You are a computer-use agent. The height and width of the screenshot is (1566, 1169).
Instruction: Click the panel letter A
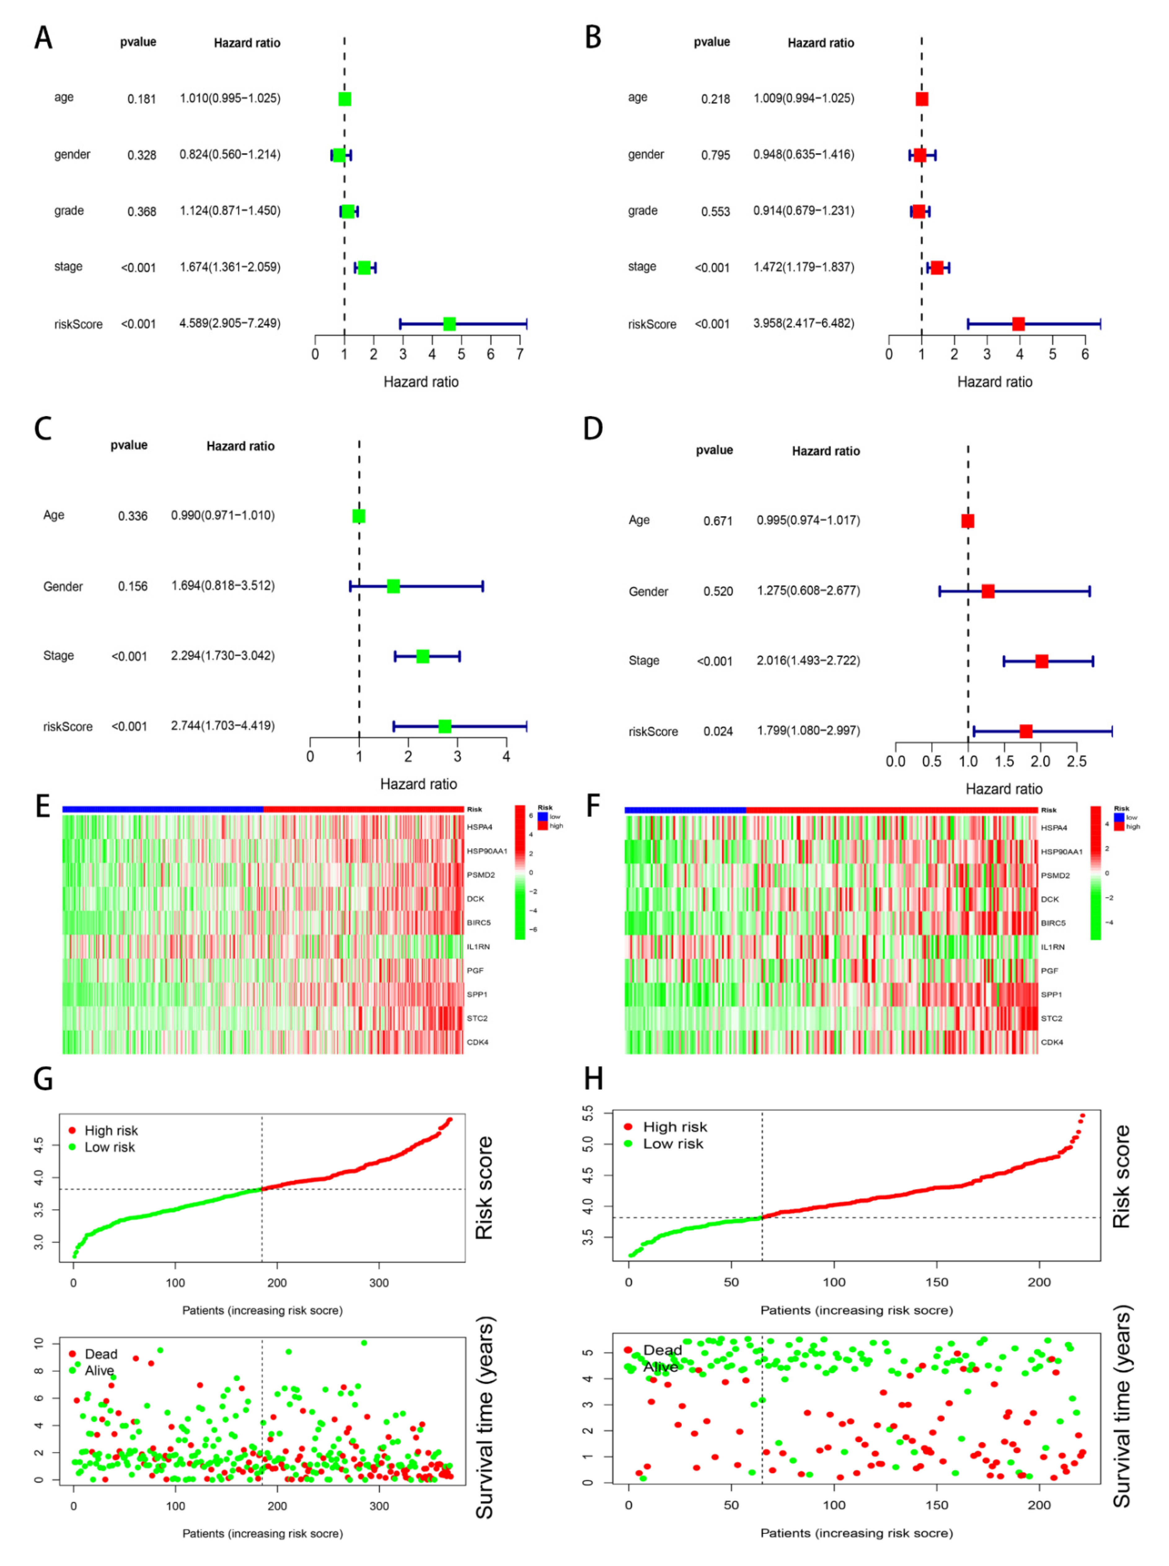(43, 38)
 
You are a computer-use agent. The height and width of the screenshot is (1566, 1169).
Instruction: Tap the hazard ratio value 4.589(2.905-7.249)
(230, 324)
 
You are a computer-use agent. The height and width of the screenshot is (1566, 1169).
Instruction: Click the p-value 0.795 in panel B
(715, 155)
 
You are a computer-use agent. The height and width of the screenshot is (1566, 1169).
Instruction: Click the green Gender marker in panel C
(394, 586)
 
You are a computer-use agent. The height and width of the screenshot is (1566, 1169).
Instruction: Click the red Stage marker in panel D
(1042, 661)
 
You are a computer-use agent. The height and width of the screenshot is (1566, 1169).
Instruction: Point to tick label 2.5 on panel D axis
(1076, 762)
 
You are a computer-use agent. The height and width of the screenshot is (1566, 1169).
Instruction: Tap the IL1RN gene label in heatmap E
(479, 947)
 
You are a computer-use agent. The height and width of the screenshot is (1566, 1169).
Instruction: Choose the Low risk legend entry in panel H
(672, 1144)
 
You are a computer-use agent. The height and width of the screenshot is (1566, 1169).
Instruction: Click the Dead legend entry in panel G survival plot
(100, 1354)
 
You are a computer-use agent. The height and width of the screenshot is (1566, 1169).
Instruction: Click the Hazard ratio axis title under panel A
(421, 382)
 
